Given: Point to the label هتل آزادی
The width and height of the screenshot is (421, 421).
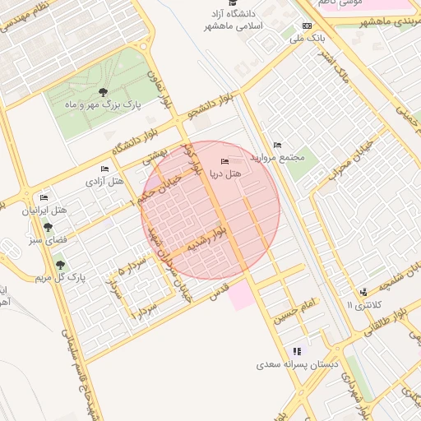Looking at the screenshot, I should pyautogui.click(x=105, y=180).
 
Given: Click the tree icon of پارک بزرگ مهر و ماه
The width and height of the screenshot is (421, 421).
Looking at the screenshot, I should pyautogui.click(x=103, y=92).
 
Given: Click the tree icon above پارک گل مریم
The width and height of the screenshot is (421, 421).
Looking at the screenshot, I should pyautogui.click(x=59, y=264).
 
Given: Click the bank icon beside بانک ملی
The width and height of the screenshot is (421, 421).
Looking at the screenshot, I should pyautogui.click(x=308, y=25).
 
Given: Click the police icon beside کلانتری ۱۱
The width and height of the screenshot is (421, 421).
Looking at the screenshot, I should pyautogui.click(x=363, y=292).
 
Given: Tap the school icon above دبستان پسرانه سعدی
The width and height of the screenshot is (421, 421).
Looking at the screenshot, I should pyautogui.click(x=296, y=351).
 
